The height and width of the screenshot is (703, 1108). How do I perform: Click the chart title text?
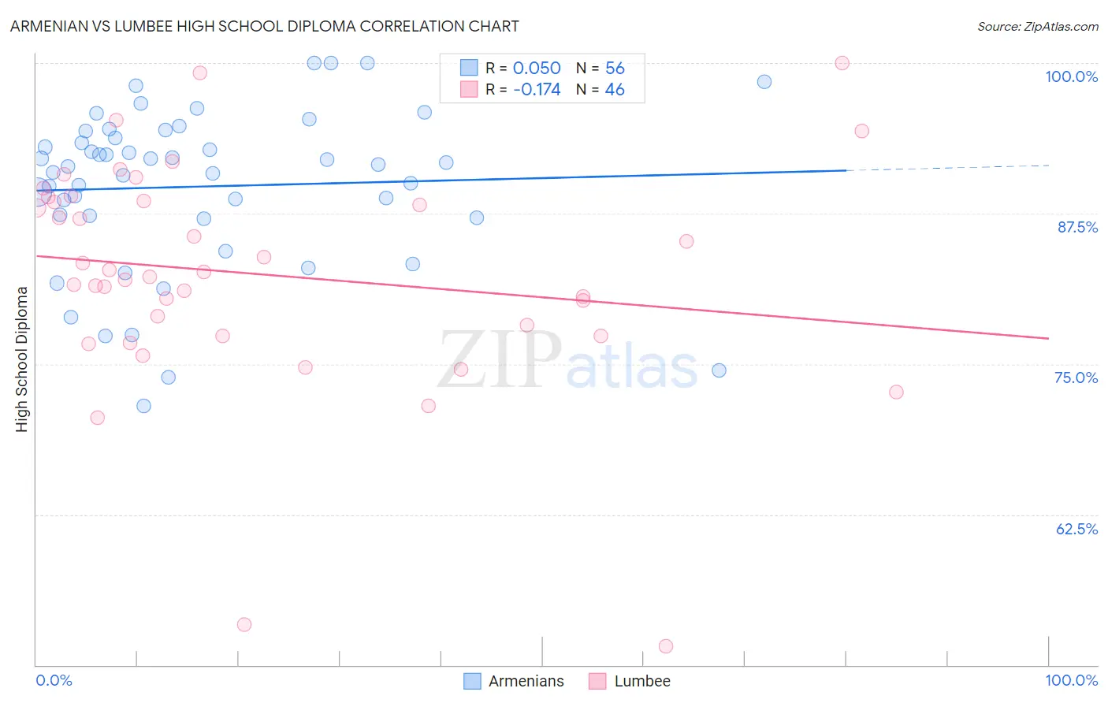click(265, 26)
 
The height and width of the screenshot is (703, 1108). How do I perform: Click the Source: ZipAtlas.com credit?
click(1037, 27)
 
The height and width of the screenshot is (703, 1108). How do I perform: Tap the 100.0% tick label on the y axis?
click(1071, 76)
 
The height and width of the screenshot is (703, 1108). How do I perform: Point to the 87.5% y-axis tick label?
click(1077, 227)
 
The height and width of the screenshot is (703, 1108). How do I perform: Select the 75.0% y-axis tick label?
click(1076, 378)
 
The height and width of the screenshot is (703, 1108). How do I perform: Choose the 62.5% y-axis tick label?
click(1076, 529)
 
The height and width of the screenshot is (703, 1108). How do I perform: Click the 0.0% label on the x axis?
click(54, 680)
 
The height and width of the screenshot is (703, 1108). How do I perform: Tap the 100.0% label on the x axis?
click(1071, 680)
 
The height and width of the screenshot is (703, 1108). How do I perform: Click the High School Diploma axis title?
click(22, 359)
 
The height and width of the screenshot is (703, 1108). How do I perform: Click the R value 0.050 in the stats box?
click(537, 69)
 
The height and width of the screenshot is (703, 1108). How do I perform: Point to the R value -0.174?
click(537, 90)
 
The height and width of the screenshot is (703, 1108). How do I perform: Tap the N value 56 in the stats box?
click(615, 69)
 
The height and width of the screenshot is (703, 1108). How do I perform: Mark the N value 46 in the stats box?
click(615, 90)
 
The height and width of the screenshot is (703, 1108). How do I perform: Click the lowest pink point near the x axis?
click(666, 646)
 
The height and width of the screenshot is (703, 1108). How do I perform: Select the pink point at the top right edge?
click(842, 63)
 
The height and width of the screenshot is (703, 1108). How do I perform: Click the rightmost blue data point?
click(764, 82)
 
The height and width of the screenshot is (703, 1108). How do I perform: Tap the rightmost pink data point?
click(896, 392)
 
